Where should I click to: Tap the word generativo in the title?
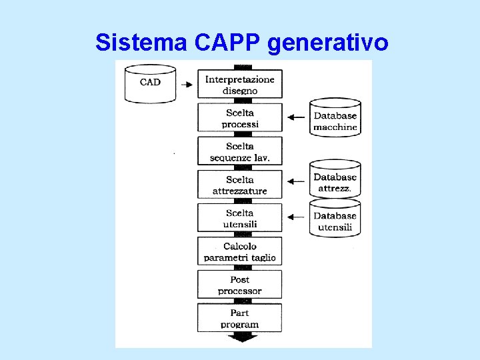click(x=327, y=43)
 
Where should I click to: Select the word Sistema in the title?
click(x=141, y=42)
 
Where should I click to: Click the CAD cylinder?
click(x=150, y=83)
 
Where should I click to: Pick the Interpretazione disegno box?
click(x=240, y=85)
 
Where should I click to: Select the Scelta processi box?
click(x=240, y=118)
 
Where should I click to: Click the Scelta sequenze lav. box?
click(x=240, y=151)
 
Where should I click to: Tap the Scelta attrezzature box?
click(x=240, y=185)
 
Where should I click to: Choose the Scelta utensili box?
click(x=240, y=218)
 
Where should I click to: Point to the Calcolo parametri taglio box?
click(x=240, y=251)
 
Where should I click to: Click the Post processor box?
click(x=240, y=285)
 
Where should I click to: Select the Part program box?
click(x=240, y=318)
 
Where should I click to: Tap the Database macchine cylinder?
click(x=335, y=118)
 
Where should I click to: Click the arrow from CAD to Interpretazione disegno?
click(x=187, y=85)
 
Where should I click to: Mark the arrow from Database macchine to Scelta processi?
click(x=295, y=118)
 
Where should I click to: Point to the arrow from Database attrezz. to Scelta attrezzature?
click(x=295, y=180)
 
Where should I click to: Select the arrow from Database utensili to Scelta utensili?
click(x=295, y=217)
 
